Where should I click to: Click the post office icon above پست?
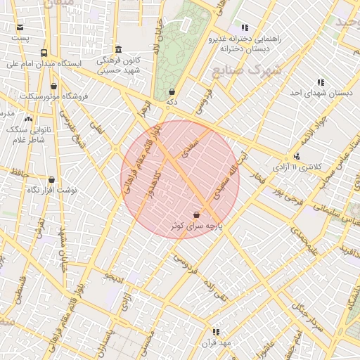click(20, 27)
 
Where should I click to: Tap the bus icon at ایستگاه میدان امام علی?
click(44, 53)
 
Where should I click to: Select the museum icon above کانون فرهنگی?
click(118, 49)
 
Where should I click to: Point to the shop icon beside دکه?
click(172, 92)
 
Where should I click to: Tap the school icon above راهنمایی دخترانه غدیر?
click(245, 27)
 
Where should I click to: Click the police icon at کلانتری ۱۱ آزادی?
click(296, 157)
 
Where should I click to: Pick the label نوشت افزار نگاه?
click(57, 190)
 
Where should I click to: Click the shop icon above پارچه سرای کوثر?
click(196, 214)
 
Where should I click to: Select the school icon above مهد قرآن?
click(216, 332)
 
